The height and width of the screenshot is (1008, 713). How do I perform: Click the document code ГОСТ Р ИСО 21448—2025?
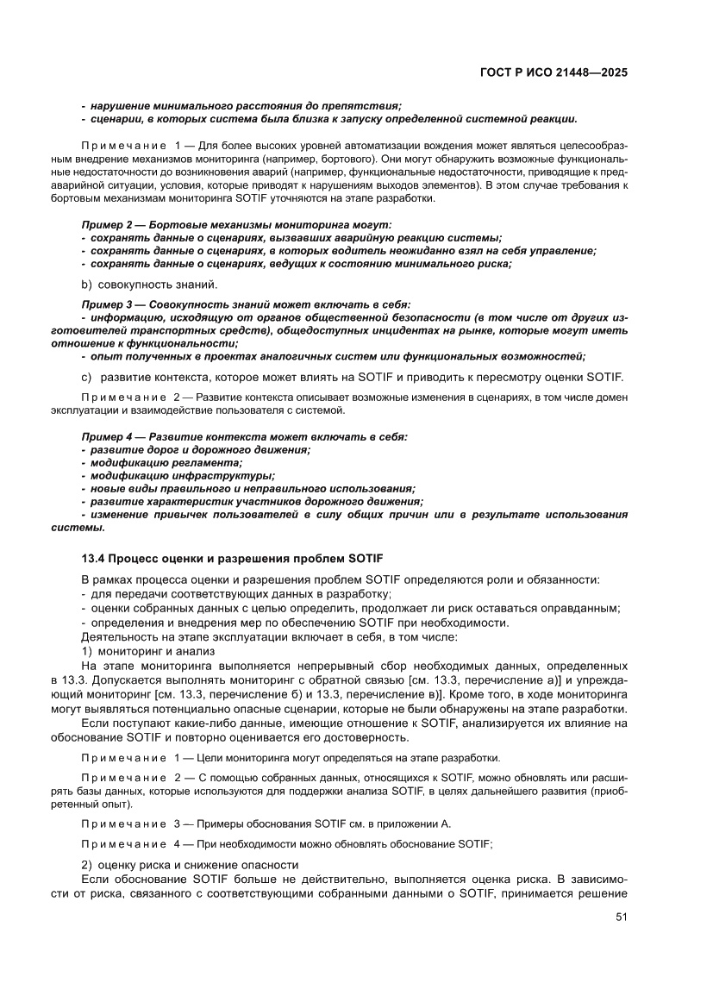tap(554, 72)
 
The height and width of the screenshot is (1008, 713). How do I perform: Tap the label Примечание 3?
tap(129, 823)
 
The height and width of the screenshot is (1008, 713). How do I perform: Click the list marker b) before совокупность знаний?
tap(86, 285)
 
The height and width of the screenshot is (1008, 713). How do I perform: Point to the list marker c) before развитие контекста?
tap(86, 377)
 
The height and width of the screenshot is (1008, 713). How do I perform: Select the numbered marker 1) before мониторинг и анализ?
tap(86, 650)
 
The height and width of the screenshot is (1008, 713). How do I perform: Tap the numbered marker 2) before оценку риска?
tap(86, 865)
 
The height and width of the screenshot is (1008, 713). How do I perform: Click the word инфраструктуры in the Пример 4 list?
tap(216, 475)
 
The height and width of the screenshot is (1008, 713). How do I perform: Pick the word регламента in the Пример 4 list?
tap(199, 462)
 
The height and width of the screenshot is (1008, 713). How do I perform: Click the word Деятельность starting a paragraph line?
tap(116, 637)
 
